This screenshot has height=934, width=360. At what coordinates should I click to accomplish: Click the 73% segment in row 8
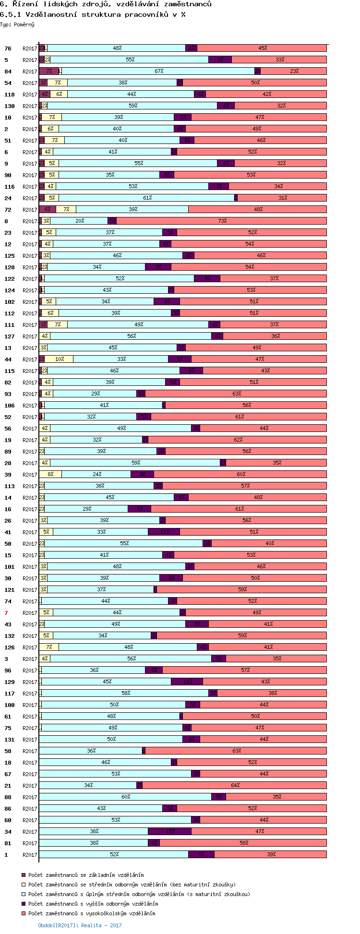(x=222, y=221)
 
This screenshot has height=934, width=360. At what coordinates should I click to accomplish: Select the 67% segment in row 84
(x=159, y=71)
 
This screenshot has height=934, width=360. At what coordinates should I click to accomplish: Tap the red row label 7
(x=6, y=613)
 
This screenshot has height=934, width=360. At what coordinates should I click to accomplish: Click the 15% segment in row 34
(x=170, y=831)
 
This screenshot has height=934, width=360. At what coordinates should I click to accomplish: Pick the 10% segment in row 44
(x=60, y=359)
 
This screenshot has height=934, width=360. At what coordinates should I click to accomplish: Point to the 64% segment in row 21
(x=235, y=785)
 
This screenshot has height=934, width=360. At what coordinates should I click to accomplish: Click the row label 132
(x=10, y=636)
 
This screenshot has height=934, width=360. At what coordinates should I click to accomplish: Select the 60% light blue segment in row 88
(x=126, y=797)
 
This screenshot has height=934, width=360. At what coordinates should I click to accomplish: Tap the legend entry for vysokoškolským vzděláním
(x=91, y=913)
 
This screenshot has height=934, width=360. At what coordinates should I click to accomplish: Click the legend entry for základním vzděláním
(x=85, y=875)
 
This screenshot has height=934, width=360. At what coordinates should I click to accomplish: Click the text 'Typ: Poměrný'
(x=17, y=24)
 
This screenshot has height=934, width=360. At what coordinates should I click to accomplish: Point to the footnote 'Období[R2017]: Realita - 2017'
(x=80, y=925)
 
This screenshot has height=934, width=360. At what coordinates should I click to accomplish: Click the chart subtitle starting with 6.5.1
(x=93, y=14)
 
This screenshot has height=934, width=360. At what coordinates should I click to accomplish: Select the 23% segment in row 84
(x=294, y=71)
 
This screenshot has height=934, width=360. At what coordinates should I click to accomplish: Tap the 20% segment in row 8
(x=80, y=221)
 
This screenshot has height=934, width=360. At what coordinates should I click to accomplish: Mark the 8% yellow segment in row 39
(x=50, y=474)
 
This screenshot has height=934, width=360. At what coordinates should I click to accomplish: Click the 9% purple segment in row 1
(x=202, y=854)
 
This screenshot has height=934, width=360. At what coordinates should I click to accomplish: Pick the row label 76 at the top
(x=8, y=48)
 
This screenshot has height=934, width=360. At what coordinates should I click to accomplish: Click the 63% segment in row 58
(x=236, y=751)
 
